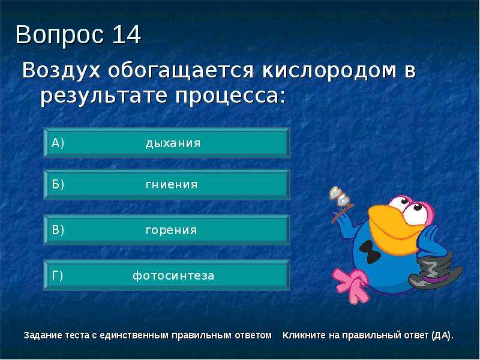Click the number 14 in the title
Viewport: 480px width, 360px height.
(x=127, y=34)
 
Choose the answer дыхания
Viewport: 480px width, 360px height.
(x=173, y=143)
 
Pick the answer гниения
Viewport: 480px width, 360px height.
(x=172, y=184)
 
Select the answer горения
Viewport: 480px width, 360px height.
(x=171, y=230)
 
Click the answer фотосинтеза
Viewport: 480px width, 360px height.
(x=173, y=275)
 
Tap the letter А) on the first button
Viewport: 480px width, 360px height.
(x=58, y=143)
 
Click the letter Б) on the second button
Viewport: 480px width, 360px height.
(x=58, y=184)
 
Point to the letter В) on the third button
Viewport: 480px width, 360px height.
(x=58, y=230)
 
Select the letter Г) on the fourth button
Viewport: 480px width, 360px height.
(x=57, y=275)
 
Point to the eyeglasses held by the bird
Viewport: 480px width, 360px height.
(x=339, y=196)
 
